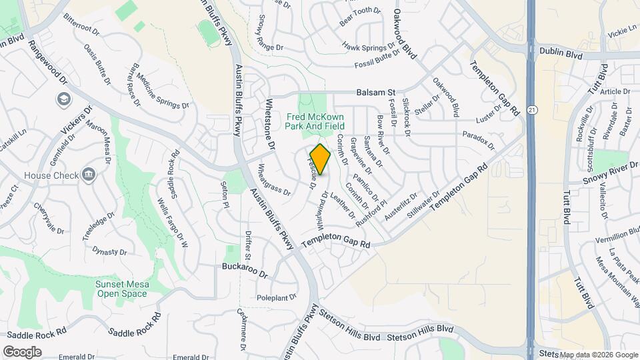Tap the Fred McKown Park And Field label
coord(315,120)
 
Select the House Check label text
coord(47,175)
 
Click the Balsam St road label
coord(376,93)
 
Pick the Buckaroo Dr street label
coord(245,274)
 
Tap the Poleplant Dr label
coord(276,297)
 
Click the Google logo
coord(22,351)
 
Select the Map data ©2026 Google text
coord(598,355)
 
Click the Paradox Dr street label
coord(479,139)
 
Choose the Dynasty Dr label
coord(109,251)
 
